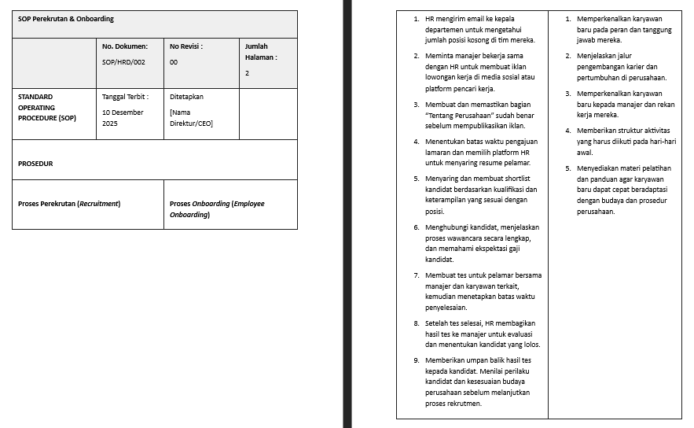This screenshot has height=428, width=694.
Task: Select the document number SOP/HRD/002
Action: coord(124,61)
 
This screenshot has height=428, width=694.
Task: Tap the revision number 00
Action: coord(174,61)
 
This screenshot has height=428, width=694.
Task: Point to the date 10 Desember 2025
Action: coord(122,118)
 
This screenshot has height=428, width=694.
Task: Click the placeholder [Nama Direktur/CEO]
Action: coord(191,118)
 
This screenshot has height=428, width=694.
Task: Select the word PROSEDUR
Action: coord(35,164)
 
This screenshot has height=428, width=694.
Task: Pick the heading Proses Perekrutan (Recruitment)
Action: coord(69,204)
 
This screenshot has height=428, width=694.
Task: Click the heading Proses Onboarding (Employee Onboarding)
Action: coord(217,208)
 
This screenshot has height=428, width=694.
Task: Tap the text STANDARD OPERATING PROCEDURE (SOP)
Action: coord(46,107)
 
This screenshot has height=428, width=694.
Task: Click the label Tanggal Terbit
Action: coord(125,97)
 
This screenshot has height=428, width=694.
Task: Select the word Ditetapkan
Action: coord(186,97)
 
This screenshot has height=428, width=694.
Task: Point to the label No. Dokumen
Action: coord(124,46)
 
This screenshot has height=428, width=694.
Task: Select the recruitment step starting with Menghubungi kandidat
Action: coord(482,243)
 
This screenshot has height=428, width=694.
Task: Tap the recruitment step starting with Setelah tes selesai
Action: coord(482,334)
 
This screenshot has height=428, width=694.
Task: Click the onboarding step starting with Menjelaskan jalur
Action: coord(621,67)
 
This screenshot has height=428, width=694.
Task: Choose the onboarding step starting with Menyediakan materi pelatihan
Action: coord(623,190)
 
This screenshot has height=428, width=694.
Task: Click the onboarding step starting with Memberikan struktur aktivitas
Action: coord(626,142)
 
